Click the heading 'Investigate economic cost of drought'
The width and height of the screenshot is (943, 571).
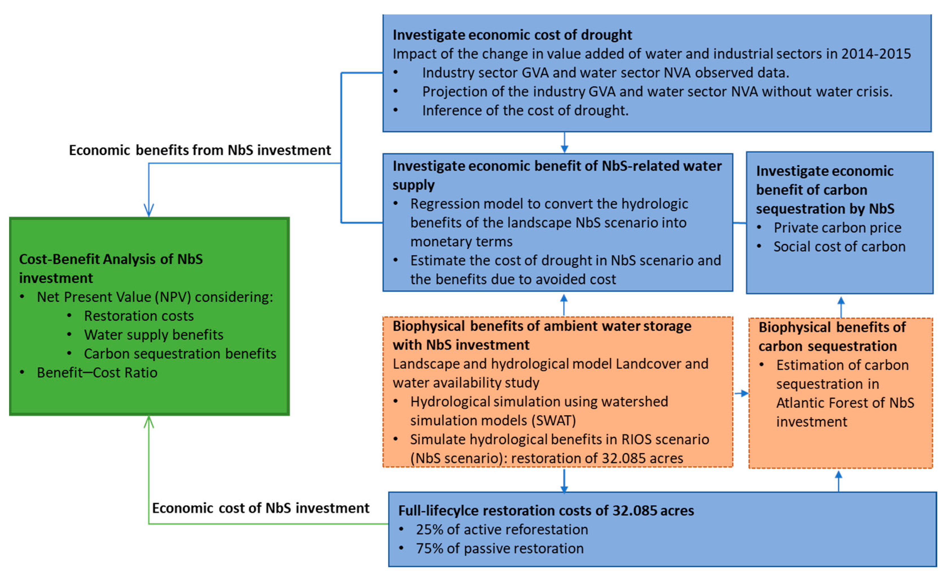[512, 35]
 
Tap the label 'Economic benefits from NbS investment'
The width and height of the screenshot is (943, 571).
[200, 150]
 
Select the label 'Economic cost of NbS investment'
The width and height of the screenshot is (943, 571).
[261, 508]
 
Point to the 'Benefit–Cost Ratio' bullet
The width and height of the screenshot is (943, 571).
[97, 372]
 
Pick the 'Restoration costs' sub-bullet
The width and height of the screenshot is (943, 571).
[139, 316]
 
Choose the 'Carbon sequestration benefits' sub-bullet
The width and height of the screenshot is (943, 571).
[180, 353]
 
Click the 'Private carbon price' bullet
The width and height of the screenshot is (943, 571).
[837, 228]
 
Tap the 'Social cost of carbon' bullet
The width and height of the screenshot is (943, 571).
[839, 246]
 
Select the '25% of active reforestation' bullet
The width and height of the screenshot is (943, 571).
[502, 529]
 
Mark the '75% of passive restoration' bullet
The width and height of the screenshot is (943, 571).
[499, 548]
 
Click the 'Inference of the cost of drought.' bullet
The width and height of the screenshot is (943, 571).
[525, 110]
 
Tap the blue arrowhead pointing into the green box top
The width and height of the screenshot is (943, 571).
[149, 211]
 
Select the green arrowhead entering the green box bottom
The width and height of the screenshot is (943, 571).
[149, 422]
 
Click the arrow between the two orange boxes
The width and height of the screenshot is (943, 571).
[741, 393]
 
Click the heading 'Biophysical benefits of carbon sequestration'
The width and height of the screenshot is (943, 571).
[832, 336]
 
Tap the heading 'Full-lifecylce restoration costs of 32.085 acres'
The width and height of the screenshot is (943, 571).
[546, 510]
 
